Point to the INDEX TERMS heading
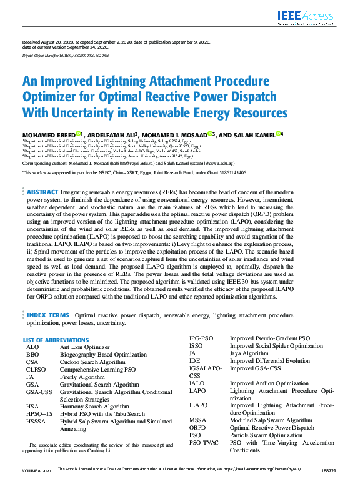tap(48, 315)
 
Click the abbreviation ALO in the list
tap(32, 347)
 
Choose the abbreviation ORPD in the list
tap(199, 428)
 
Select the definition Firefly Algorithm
tap(82, 377)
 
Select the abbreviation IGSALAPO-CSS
tap(205, 372)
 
